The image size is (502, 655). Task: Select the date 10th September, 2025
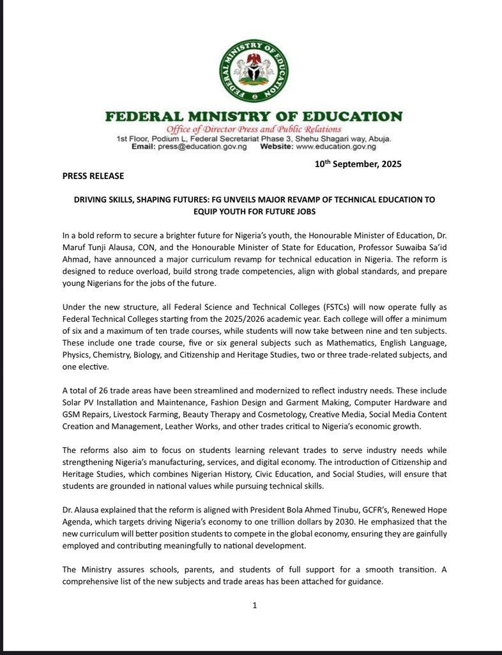pyautogui.click(x=358, y=164)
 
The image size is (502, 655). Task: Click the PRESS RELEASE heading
pyautogui.click(x=93, y=176)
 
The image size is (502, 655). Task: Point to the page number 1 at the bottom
pyautogui.click(x=254, y=606)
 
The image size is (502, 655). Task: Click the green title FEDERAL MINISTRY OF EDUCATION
pyautogui.click(x=254, y=117)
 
